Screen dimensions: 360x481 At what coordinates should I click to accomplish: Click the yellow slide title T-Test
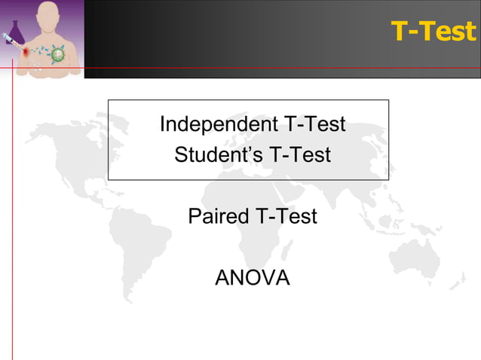point(434,32)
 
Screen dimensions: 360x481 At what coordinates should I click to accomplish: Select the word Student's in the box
point(207,155)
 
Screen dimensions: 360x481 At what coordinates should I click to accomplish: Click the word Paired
point(219,217)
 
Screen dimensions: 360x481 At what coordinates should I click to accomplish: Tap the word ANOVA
point(252,278)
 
